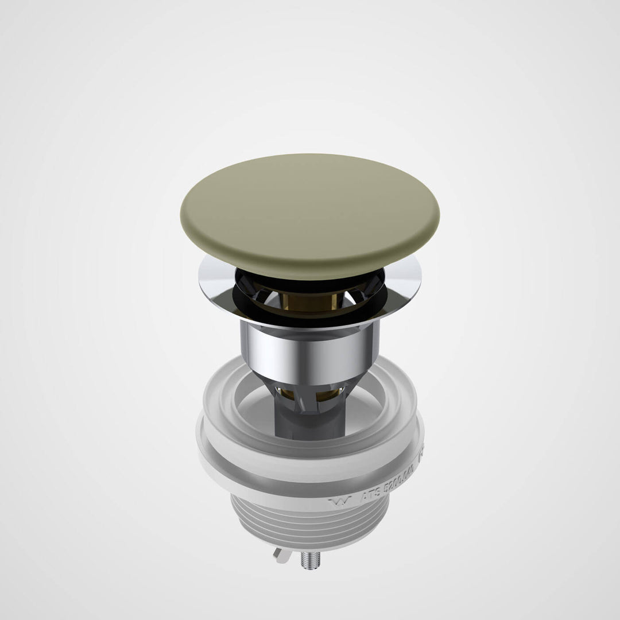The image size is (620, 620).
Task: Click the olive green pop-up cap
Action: [x=310, y=215]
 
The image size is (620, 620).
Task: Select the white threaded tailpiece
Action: [x=310, y=528]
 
